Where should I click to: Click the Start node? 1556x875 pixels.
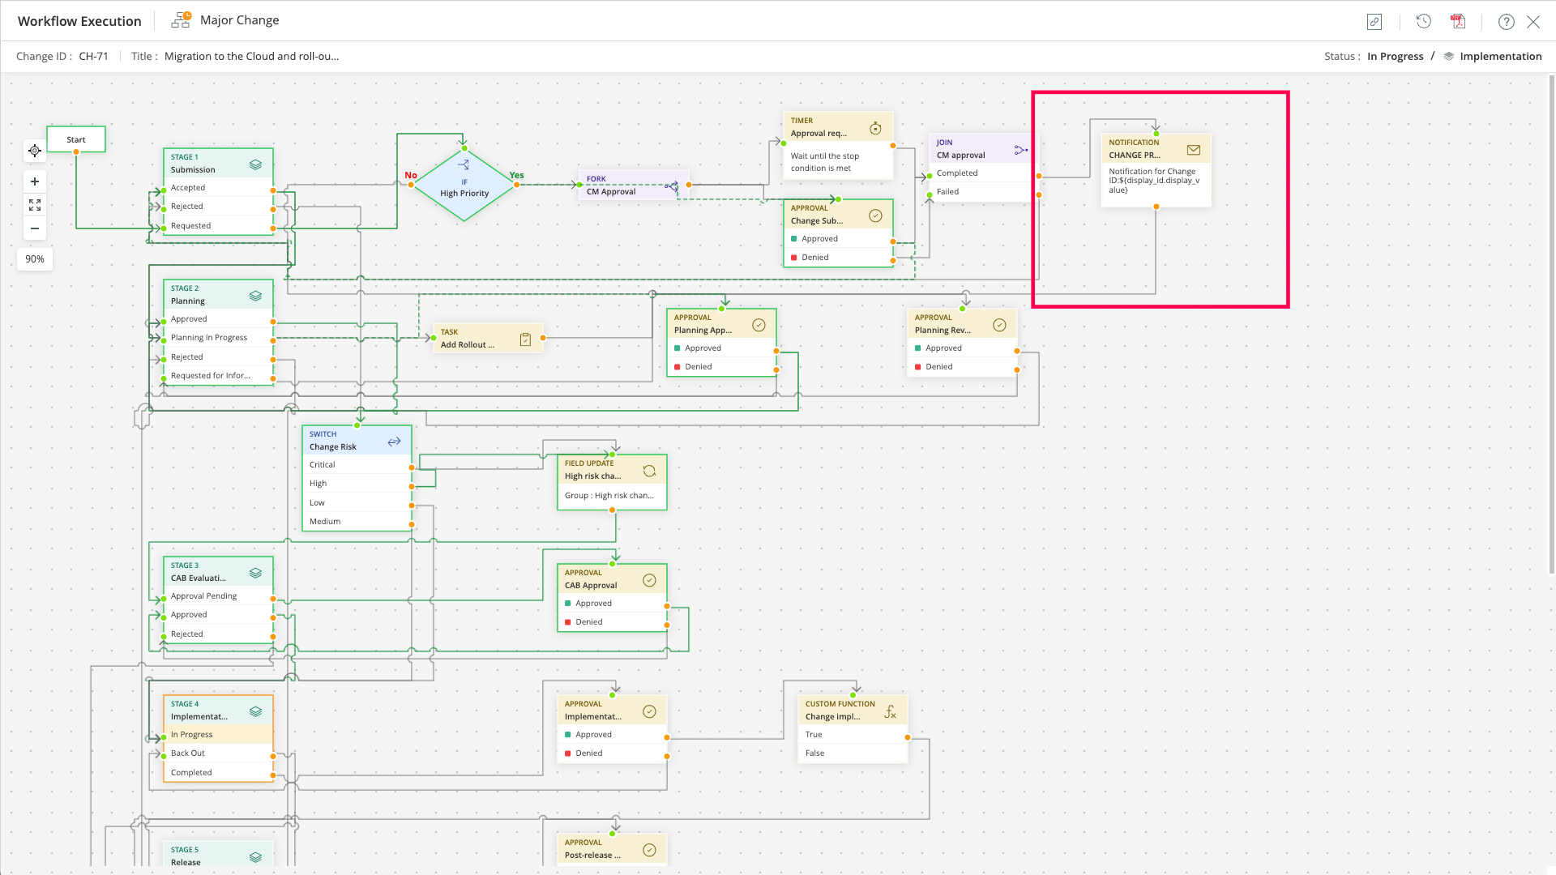click(76, 139)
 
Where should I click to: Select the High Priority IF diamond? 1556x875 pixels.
click(464, 187)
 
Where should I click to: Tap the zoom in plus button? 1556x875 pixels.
click(35, 181)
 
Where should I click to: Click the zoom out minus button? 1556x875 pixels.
click(35, 228)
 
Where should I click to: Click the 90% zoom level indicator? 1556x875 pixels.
click(35, 259)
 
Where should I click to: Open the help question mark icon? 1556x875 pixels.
click(1506, 22)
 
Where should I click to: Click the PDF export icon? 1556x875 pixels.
click(1458, 22)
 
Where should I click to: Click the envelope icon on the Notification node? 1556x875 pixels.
click(1193, 150)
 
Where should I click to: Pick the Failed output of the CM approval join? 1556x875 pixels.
click(948, 192)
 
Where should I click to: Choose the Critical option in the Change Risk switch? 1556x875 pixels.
click(323, 465)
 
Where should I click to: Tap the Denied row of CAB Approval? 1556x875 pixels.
click(589, 622)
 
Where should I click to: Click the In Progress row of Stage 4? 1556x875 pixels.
click(192, 735)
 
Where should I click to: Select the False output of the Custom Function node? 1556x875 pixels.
click(815, 753)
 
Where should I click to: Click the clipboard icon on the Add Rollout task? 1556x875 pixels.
click(525, 339)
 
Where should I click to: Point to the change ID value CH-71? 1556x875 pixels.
click(93, 57)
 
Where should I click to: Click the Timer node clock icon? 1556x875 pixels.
click(875, 128)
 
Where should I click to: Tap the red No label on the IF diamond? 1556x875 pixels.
click(411, 175)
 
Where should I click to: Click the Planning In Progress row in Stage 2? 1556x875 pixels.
click(209, 338)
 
